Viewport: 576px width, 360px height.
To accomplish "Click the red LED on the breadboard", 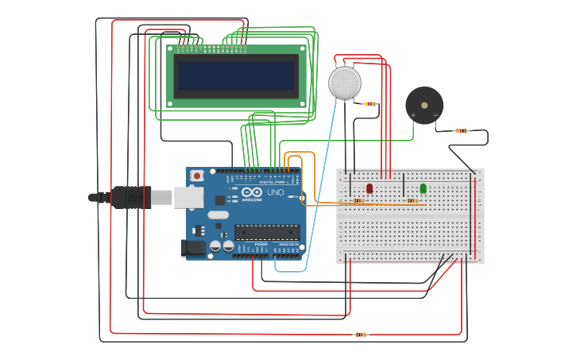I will pos(369,188).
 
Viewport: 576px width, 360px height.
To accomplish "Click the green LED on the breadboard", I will pos(423,188).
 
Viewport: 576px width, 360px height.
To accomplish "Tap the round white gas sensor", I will pos(345,83).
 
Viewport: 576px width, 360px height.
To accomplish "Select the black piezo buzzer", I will pos(424,105).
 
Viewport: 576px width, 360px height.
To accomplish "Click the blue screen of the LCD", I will pos(236,76).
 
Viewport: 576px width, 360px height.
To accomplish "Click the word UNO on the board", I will pos(276,192).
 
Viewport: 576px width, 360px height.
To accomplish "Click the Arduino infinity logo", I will pos(252,192).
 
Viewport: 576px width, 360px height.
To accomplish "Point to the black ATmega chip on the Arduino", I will pos(267,232).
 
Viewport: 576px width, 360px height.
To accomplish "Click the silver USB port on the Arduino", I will pos(188,197).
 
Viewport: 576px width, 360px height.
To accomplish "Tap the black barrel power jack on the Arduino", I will pos(192,248).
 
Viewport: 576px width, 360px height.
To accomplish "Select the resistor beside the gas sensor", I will pos(369,104).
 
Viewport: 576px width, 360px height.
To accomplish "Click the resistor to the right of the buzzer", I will pos(461,131).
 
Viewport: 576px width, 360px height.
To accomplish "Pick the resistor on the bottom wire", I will pos(361,335).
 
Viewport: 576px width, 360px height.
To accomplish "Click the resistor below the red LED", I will pos(359,201).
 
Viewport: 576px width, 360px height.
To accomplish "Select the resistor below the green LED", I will pos(412,201).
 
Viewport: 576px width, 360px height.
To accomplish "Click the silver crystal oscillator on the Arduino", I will pos(217,215).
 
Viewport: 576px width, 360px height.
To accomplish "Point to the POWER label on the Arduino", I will pos(261,243).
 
